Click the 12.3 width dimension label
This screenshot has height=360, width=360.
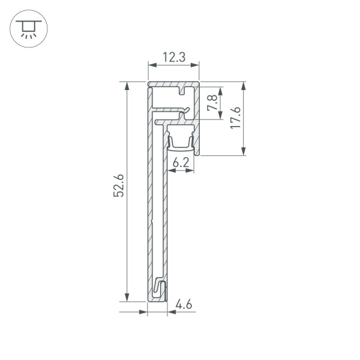tap(173, 58)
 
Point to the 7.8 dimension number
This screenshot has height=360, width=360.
tap(211, 103)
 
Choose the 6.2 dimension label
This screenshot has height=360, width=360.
tap(181, 161)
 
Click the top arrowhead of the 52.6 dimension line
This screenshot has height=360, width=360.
tap(127, 86)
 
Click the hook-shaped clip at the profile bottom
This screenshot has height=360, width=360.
tap(160, 289)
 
